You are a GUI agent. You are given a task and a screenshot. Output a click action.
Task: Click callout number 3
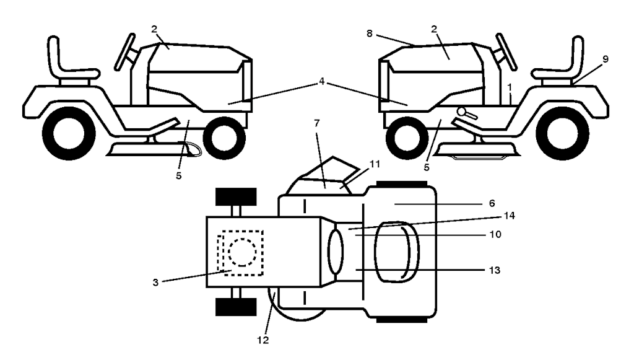click(x=155, y=283)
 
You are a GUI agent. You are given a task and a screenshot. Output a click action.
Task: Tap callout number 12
click(x=263, y=340)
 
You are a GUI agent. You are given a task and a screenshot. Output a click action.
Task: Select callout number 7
click(x=316, y=123)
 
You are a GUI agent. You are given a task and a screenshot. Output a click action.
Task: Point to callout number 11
click(x=375, y=164)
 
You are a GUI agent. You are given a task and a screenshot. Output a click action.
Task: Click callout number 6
click(x=492, y=203)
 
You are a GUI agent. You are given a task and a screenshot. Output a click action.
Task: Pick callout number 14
click(x=509, y=216)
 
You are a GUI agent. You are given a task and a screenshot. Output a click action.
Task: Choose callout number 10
click(x=495, y=234)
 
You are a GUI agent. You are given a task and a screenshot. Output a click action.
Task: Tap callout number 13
click(x=495, y=270)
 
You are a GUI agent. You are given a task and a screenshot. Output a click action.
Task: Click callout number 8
click(x=370, y=33)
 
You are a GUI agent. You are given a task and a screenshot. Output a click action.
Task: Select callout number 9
click(x=606, y=59)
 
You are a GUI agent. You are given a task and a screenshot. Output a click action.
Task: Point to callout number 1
click(x=510, y=87)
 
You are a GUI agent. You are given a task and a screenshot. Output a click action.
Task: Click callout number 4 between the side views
click(x=321, y=82)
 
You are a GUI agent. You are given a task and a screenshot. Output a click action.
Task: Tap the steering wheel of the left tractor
click(x=124, y=52)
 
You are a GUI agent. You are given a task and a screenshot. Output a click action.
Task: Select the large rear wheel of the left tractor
click(x=69, y=133)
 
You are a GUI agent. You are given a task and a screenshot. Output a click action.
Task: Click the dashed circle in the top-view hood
click(x=242, y=252)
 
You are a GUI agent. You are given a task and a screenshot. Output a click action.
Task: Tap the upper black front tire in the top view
click(x=236, y=196)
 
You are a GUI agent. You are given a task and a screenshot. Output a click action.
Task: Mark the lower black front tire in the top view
click(x=236, y=307)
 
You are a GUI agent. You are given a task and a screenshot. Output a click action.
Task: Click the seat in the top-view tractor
click(x=397, y=252)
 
